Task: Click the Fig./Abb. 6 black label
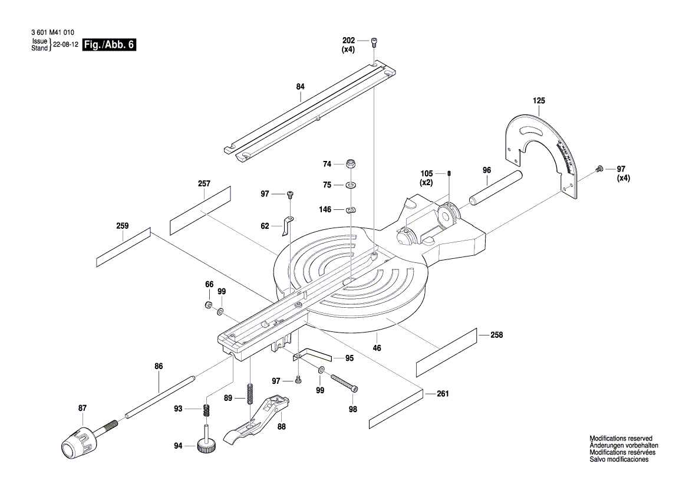tap(110, 45)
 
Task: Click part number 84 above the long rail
tap(301, 87)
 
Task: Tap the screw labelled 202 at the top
tap(375, 41)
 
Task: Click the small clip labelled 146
tap(351, 209)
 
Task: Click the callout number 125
tap(539, 101)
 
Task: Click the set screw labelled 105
tap(449, 173)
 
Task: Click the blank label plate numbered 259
tap(123, 248)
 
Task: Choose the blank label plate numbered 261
tap(396, 409)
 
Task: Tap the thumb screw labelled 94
tap(207, 445)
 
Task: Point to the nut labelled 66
tap(209, 305)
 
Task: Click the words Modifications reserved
tap(621, 439)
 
